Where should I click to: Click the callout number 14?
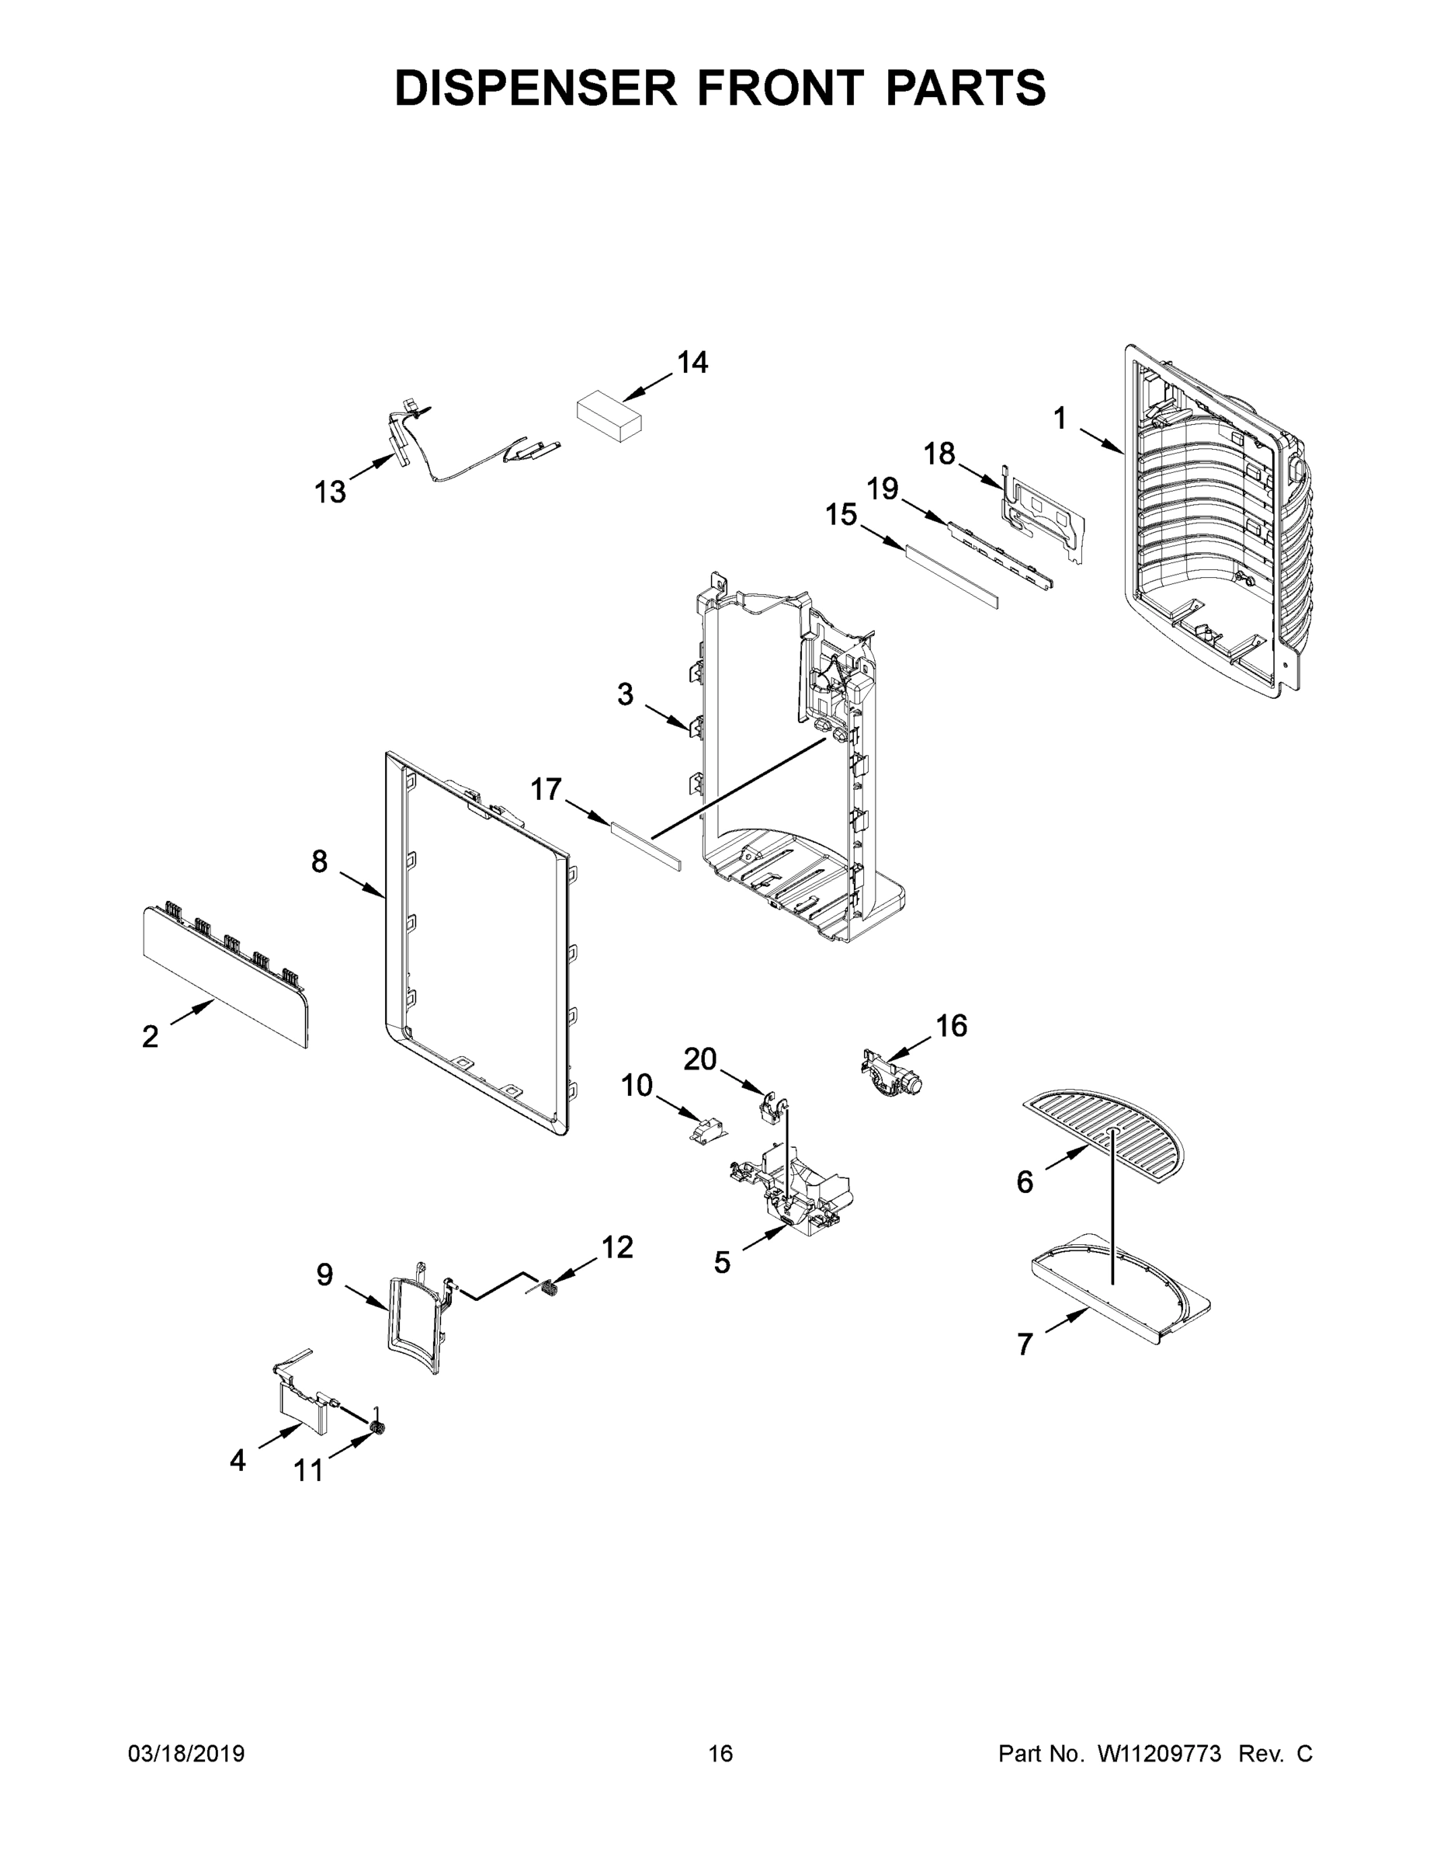click(x=692, y=363)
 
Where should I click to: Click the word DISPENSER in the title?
click(x=536, y=87)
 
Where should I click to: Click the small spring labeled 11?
click(x=376, y=1429)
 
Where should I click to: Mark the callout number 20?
click(x=699, y=1059)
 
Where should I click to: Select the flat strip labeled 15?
click(x=950, y=578)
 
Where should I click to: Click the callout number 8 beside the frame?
click(x=319, y=862)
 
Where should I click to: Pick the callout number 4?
click(x=238, y=1460)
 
